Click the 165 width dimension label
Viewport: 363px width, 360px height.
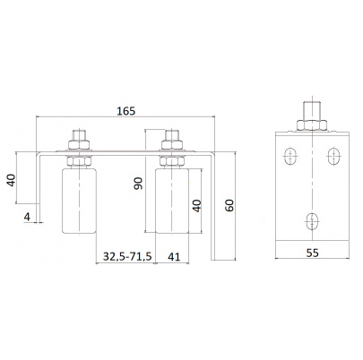click(x=125, y=111)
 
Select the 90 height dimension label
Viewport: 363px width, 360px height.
click(x=138, y=184)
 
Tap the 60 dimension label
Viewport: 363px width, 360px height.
click(x=229, y=205)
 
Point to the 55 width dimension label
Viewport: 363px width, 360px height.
click(x=313, y=253)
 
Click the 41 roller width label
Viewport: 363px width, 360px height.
click(x=174, y=256)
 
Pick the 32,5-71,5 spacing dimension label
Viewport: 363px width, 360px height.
click(x=127, y=256)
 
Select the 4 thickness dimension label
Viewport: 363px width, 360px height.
click(x=27, y=217)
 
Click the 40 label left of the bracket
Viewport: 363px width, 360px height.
click(x=12, y=180)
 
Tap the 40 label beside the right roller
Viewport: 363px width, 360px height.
click(x=197, y=206)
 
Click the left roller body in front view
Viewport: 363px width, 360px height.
click(x=79, y=201)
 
